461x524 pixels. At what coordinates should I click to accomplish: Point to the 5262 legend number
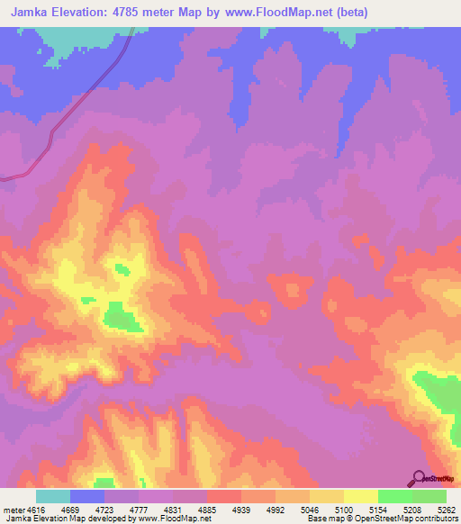click(447, 509)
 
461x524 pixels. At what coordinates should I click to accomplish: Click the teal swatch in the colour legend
click(53, 495)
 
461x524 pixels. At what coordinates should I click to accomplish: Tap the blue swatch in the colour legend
click(87, 495)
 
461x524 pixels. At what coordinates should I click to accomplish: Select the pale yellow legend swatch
click(361, 495)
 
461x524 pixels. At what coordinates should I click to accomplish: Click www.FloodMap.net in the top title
click(280, 13)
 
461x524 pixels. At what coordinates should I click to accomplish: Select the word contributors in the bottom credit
click(436, 519)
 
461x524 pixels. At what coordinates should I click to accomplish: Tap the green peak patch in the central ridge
click(119, 316)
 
